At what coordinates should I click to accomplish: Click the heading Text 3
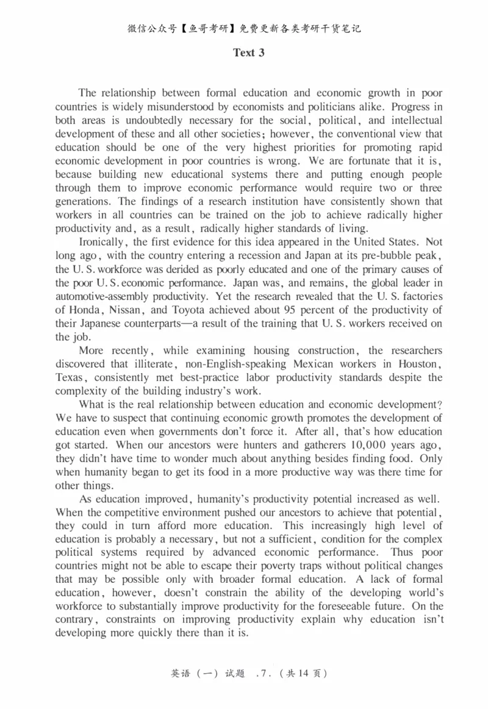249,52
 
